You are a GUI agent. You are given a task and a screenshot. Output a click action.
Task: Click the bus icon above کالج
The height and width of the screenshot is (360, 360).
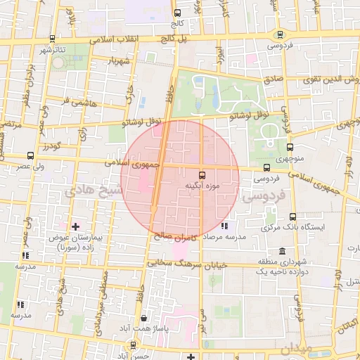click(x=176, y=13)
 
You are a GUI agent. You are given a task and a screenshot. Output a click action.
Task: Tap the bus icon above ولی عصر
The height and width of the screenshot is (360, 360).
click(x=30, y=155)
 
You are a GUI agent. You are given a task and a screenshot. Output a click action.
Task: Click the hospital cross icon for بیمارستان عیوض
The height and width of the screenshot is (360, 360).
click(x=76, y=227)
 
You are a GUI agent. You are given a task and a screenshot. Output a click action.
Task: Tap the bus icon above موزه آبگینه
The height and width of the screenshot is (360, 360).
click(x=202, y=174)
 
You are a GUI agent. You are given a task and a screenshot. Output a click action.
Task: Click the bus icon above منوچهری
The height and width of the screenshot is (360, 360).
click(x=290, y=147)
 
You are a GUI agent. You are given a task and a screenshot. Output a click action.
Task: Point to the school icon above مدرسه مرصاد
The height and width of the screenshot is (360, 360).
click(x=224, y=226)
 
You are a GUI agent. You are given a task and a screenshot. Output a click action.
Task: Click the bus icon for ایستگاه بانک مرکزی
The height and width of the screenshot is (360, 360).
click(x=292, y=217)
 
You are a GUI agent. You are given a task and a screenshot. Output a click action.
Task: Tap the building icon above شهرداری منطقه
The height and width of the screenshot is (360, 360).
click(x=282, y=252)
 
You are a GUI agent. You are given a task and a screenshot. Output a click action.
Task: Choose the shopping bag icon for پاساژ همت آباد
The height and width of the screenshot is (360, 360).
click(x=143, y=318)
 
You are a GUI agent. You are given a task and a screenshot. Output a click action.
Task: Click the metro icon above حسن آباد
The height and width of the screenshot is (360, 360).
click(x=134, y=345)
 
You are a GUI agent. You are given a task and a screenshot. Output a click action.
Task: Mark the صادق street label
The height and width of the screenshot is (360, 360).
click(x=274, y=79)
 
